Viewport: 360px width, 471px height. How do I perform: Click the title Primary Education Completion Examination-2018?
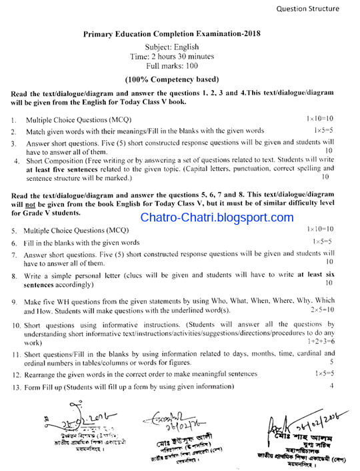(172, 33)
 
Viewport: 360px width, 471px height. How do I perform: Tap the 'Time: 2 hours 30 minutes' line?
(172, 57)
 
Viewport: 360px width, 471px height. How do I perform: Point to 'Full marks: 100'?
(172, 67)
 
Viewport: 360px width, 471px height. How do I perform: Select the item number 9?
(14, 302)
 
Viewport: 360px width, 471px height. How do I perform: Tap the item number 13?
(16, 386)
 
